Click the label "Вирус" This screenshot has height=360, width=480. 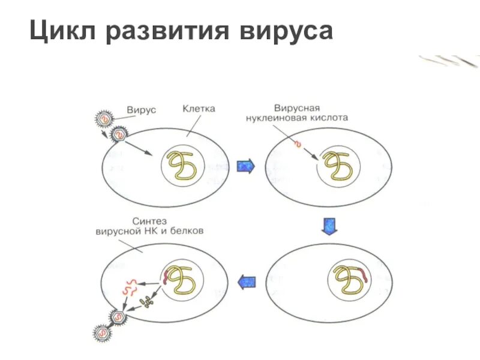tap(141, 110)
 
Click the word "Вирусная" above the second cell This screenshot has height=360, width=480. tap(296, 109)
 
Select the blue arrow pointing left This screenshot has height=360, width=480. tap(246, 281)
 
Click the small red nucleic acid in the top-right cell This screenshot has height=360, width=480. tap(297, 143)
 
